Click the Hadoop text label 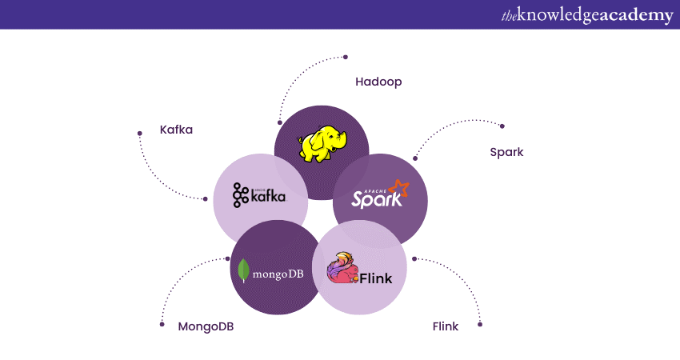378,82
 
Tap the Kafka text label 176,130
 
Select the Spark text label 506,152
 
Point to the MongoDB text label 206,326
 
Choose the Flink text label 446,326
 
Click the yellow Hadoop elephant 322,144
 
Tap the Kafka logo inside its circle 259,194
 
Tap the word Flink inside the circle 375,278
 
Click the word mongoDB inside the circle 278,274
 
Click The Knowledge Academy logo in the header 586,15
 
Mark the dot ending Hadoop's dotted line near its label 346,57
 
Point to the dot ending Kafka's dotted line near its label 140,134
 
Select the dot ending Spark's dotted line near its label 502,126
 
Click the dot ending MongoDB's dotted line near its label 162,324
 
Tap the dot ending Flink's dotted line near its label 481,324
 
